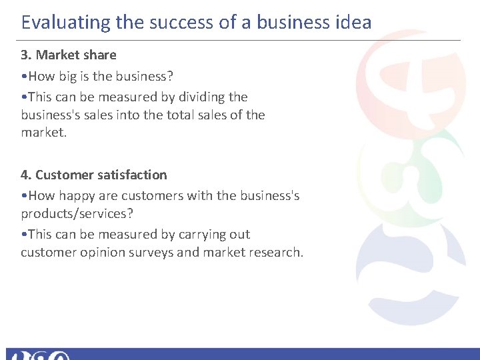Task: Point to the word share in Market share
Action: pyautogui.click(x=99, y=55)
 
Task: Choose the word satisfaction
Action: pyautogui.click(x=133, y=175)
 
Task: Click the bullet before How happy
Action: pyautogui.click(x=23, y=196)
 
